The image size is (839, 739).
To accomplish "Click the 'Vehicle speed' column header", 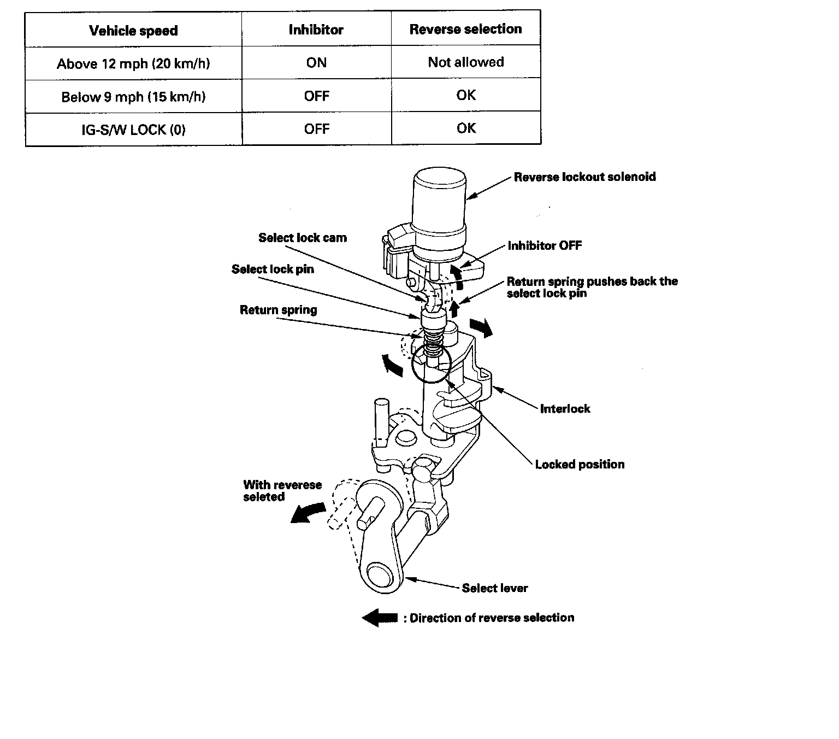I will tap(133, 31).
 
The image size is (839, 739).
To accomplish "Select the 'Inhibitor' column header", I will tap(316, 30).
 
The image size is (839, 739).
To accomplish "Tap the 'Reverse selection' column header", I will tap(465, 29).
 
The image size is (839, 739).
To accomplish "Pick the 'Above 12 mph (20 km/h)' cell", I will tap(133, 64).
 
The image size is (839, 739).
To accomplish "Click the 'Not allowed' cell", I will tap(465, 62).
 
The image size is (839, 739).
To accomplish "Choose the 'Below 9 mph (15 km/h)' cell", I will tap(133, 97).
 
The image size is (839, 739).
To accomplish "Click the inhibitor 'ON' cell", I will tap(316, 63).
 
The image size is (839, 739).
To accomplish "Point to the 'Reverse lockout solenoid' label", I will tap(584, 177).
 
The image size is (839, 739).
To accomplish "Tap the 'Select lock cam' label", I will tap(303, 238).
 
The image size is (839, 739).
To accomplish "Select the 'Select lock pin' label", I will tap(273, 269).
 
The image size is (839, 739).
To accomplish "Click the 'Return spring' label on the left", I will tap(278, 310).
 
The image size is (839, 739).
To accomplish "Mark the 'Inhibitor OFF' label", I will tap(545, 246).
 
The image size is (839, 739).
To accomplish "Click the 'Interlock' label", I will tap(565, 409).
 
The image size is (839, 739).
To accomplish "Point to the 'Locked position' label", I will tap(580, 465).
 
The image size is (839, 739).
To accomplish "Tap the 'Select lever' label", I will tap(495, 588).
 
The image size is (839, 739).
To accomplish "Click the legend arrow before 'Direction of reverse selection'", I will tap(380, 618).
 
